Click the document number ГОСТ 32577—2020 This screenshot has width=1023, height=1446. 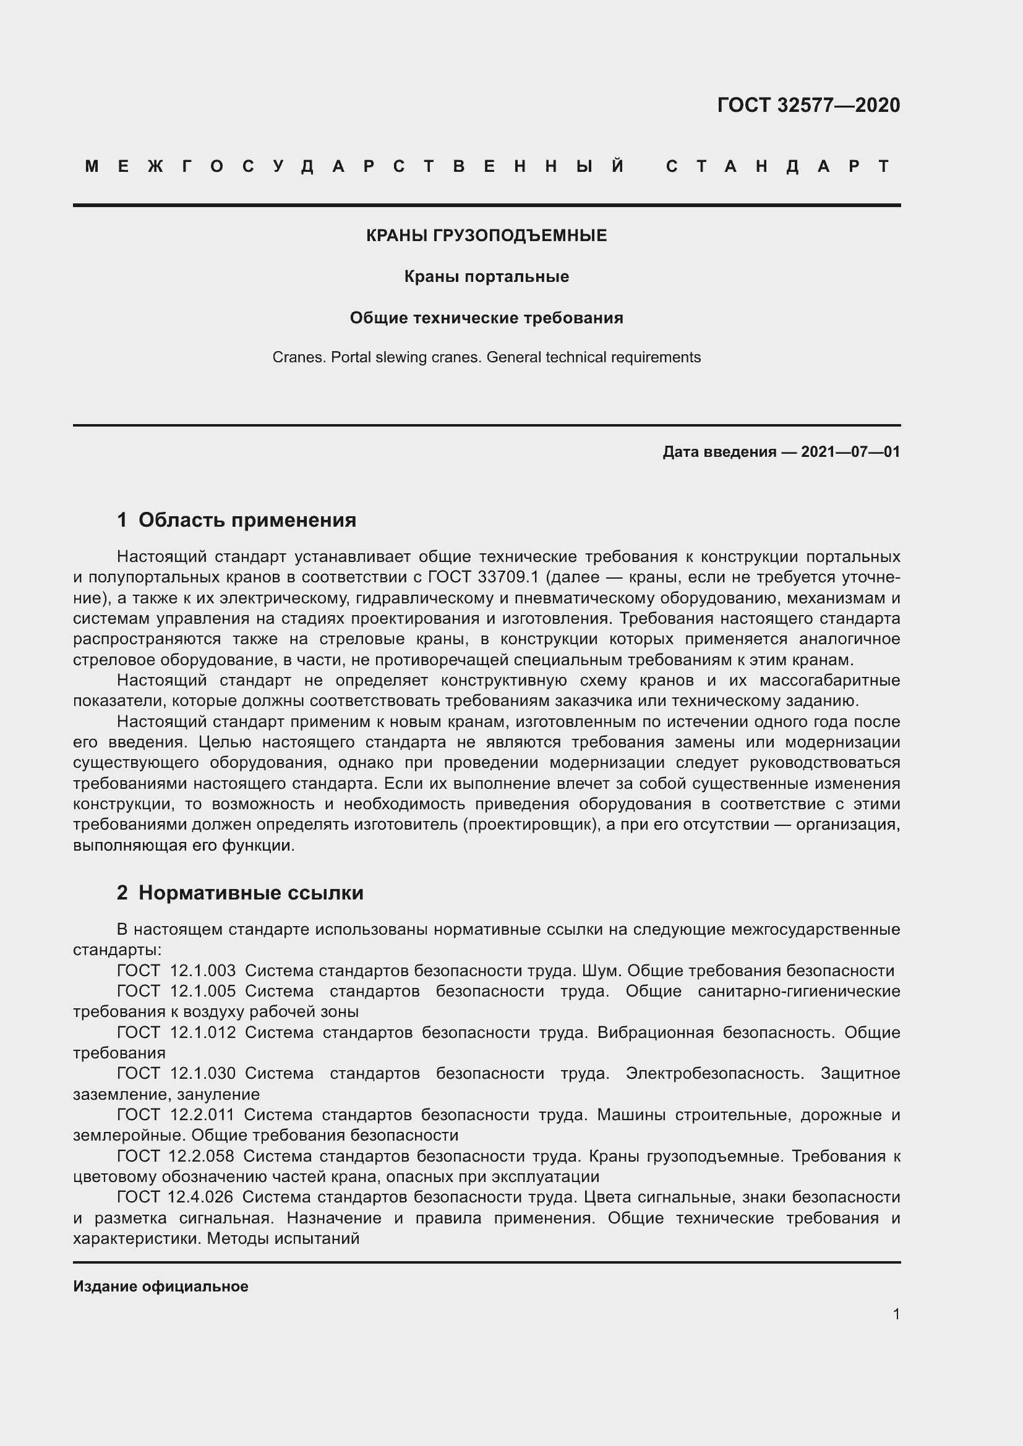(x=808, y=105)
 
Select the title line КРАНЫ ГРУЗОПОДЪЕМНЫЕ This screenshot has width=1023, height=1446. (x=486, y=236)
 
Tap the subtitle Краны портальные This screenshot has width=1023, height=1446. (x=486, y=277)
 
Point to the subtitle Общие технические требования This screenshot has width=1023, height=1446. (x=486, y=318)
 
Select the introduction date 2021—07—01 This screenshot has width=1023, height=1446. (x=850, y=451)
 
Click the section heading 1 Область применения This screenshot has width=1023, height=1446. (x=237, y=520)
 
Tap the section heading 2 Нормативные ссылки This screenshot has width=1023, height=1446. (x=240, y=893)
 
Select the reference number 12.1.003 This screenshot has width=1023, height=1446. (x=202, y=971)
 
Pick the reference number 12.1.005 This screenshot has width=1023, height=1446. (x=202, y=991)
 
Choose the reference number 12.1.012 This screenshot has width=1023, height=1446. (x=202, y=1032)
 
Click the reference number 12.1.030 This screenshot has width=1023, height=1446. (x=202, y=1073)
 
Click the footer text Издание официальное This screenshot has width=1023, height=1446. (x=161, y=1287)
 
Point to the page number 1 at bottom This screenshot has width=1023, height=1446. (x=896, y=1314)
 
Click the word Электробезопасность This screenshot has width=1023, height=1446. (x=715, y=1073)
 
